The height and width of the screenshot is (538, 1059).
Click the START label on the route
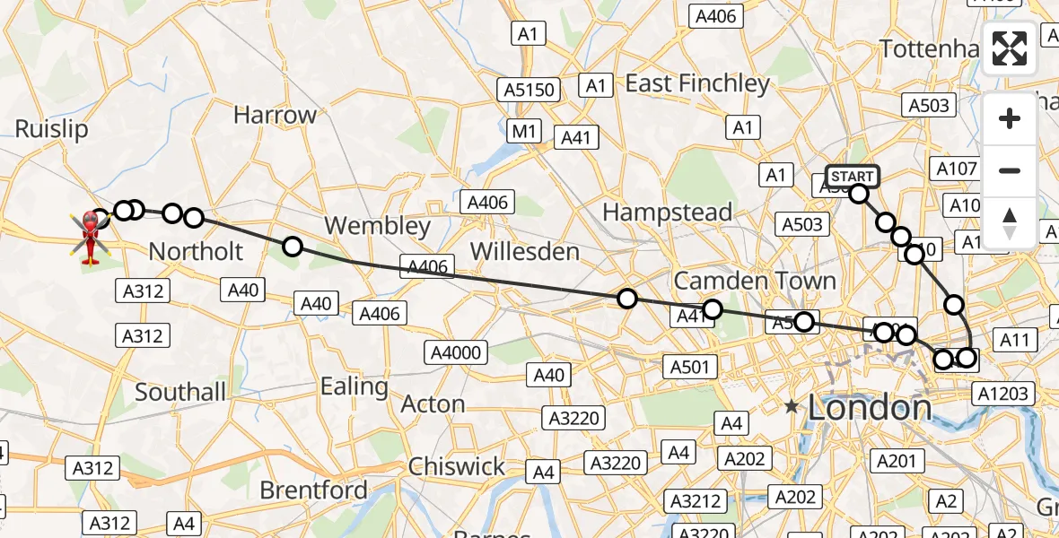(852, 176)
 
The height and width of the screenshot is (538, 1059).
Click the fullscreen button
(1010, 48)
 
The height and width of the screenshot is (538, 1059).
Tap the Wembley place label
(378, 225)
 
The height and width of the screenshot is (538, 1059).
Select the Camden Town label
(755, 281)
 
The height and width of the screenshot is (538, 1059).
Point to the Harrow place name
(275, 115)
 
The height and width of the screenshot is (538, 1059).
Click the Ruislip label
(51, 129)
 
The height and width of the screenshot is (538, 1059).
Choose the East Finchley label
(697, 83)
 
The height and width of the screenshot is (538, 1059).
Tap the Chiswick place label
(457, 466)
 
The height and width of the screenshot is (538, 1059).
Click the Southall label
(180, 392)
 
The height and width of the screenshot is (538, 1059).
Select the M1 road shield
(524, 132)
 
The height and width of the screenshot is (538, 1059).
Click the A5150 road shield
(529, 90)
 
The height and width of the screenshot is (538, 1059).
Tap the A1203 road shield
(1005, 393)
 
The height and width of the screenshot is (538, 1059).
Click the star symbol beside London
(791, 407)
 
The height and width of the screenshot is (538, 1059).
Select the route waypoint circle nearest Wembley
(292, 247)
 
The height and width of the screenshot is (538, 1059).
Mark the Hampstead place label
(668, 213)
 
